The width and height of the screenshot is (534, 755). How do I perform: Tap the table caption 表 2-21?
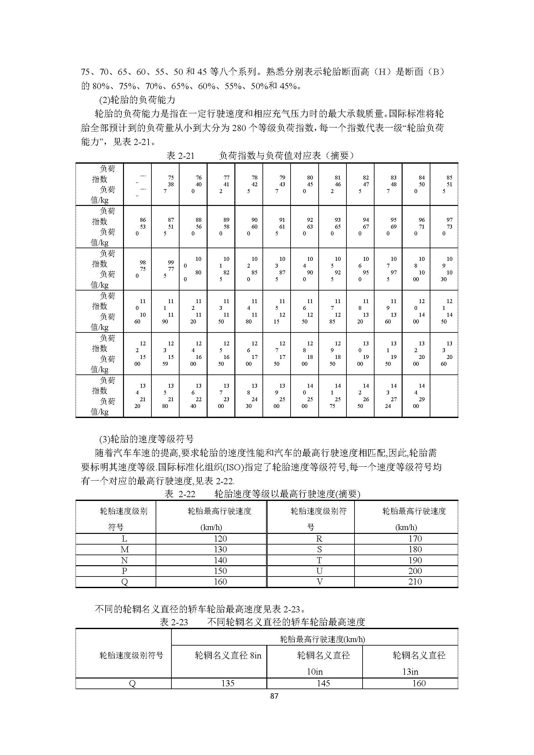[180, 156]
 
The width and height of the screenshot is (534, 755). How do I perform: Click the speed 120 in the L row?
[220, 539]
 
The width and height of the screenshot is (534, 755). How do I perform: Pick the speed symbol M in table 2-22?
[125, 549]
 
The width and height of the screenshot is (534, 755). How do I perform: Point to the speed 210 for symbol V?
[415, 582]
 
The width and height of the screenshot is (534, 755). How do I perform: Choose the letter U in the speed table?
[319, 571]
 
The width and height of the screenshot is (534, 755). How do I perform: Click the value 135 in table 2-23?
[228, 683]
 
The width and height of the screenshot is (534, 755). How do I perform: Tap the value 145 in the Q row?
[323, 683]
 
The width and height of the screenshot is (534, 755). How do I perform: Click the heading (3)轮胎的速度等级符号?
[147, 439]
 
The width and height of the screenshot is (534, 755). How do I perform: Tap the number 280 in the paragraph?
[239, 128]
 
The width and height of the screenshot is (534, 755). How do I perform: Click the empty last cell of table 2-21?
[444, 396]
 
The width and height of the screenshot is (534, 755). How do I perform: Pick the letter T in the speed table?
[319, 560]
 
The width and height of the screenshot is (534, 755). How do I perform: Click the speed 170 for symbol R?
[415, 539]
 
